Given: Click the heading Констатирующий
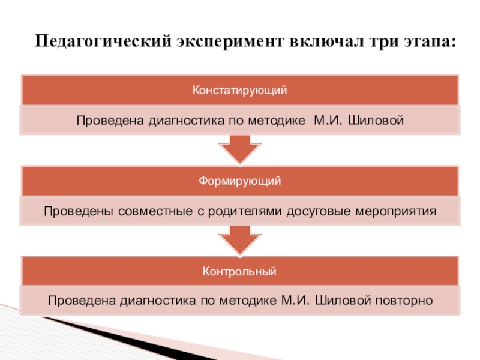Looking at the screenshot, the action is (x=240, y=91).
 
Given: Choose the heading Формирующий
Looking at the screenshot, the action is (x=240, y=181).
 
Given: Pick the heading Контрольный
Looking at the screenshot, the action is (x=240, y=272).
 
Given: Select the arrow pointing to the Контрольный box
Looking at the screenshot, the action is (x=239, y=241).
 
